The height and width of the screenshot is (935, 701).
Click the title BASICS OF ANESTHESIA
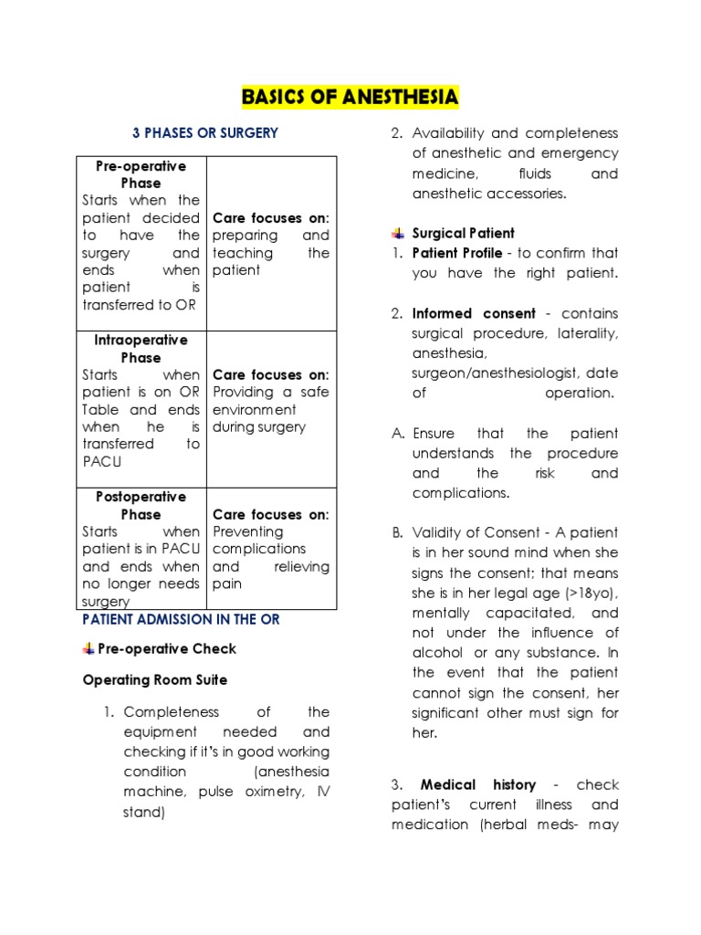[x=350, y=97]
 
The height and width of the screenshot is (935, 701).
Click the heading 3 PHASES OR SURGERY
[x=205, y=133]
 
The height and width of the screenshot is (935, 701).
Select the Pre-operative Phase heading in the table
[x=141, y=174]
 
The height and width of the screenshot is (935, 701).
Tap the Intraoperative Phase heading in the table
[x=141, y=349]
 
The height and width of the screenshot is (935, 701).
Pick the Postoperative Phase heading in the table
[x=141, y=506]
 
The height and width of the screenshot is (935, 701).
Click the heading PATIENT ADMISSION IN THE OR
[x=181, y=619]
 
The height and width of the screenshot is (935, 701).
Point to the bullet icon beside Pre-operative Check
[x=89, y=648]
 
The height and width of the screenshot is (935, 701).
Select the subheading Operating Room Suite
[x=155, y=680]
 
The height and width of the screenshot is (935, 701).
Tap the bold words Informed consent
[x=474, y=313]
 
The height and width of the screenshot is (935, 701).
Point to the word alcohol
[x=437, y=653]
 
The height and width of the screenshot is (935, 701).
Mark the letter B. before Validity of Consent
[x=398, y=532]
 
